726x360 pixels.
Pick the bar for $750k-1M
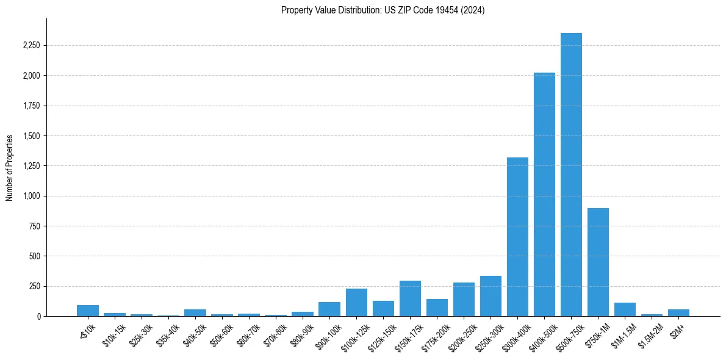point(598,262)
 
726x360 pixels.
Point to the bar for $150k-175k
point(410,298)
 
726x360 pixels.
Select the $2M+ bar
point(678,313)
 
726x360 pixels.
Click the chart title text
point(383,10)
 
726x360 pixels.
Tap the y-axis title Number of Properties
point(10,168)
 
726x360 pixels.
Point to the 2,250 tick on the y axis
point(31,46)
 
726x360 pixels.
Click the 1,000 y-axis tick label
point(31,196)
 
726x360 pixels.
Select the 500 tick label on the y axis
point(35,256)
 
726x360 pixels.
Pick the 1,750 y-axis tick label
point(31,106)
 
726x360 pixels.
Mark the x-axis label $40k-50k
point(193,333)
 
